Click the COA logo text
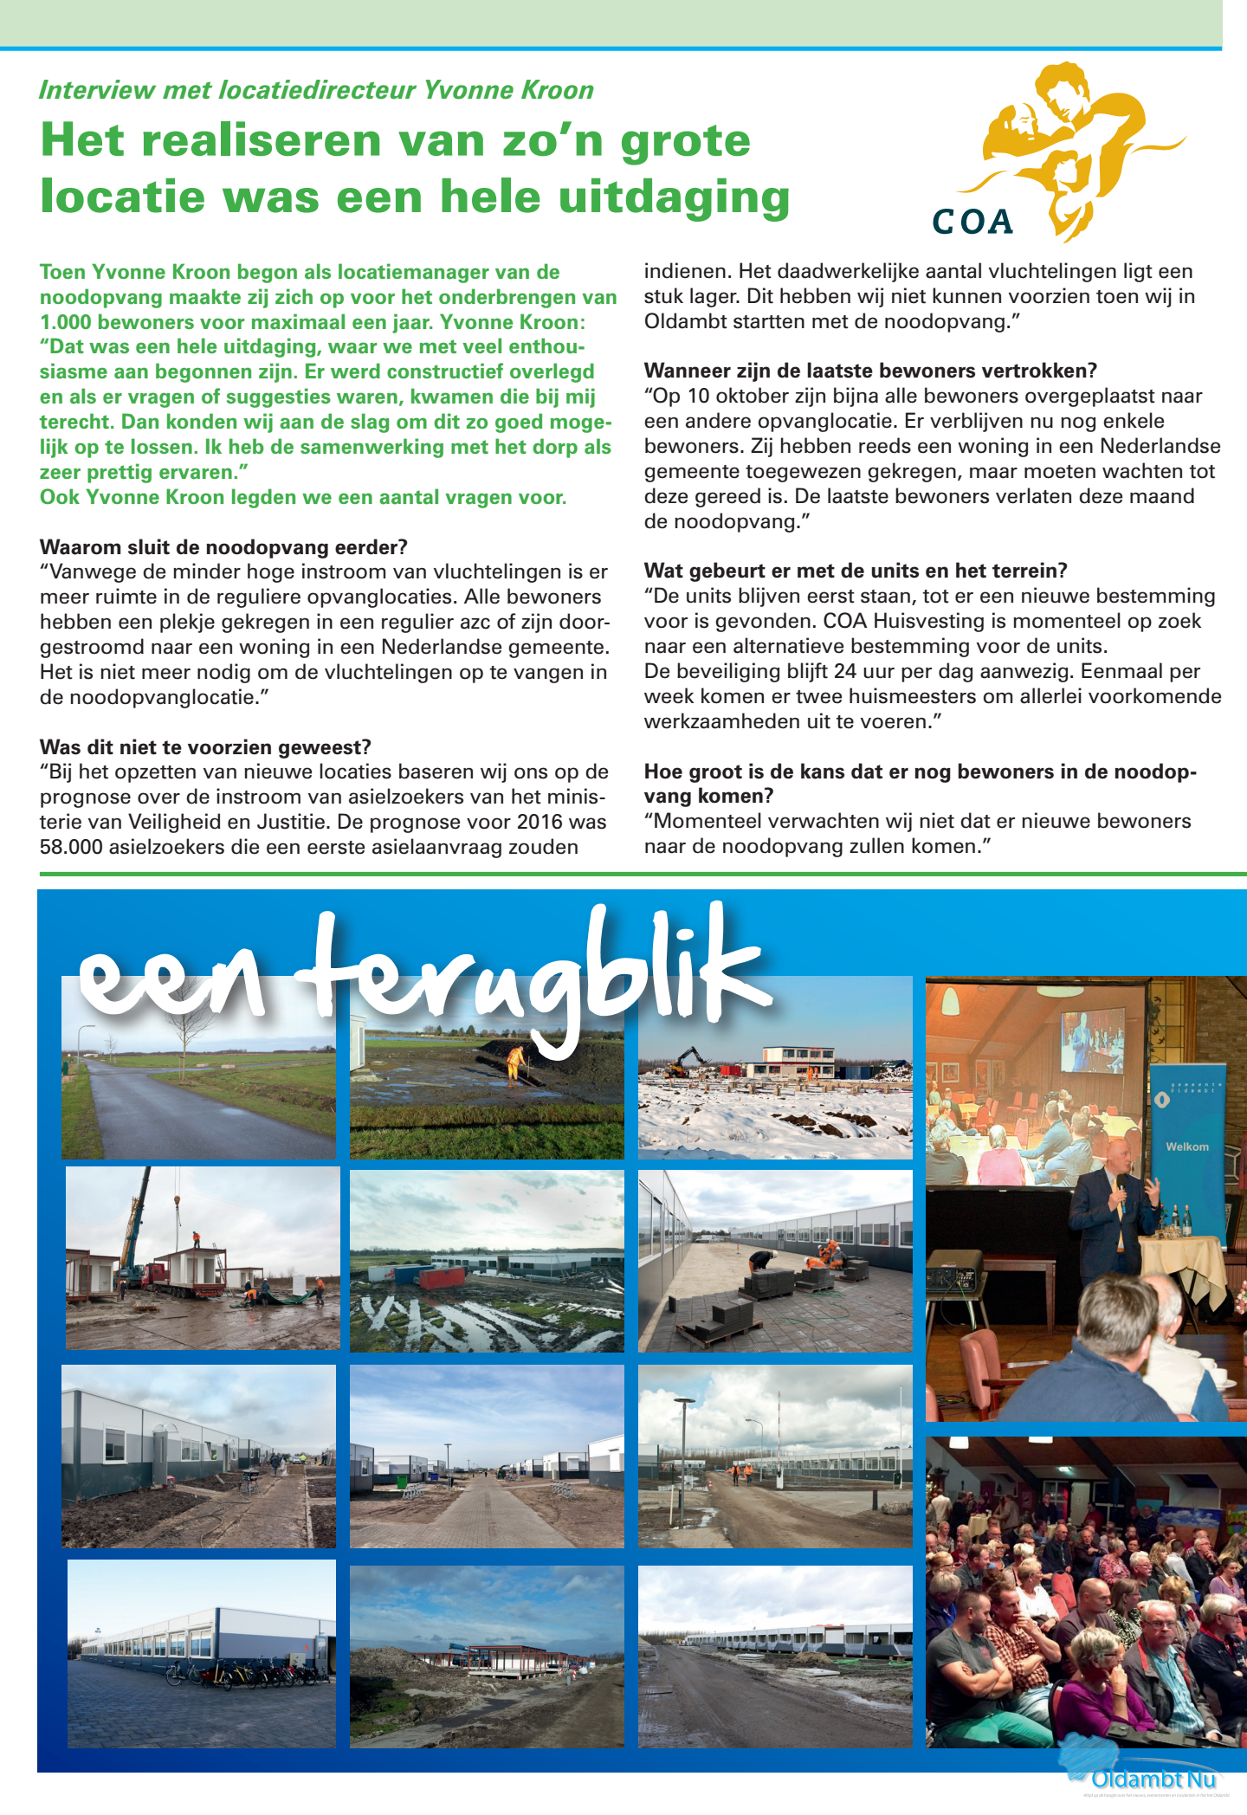tap(972, 222)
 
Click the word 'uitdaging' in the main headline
tap(674, 197)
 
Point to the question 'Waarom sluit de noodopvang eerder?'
tap(223, 547)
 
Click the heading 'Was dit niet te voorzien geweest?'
tap(205, 746)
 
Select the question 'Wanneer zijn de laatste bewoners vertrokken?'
tap(870, 371)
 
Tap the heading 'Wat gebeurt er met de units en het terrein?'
tap(856, 571)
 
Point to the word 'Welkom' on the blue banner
tap(1186, 1146)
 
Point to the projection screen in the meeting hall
tap(1092, 1041)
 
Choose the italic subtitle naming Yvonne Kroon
tap(316, 90)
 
